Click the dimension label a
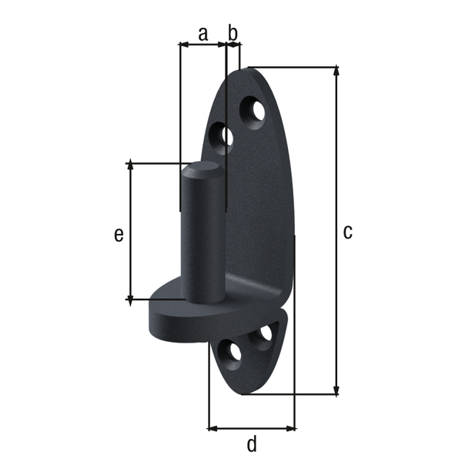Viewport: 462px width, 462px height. (203, 33)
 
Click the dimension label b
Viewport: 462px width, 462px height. (233, 33)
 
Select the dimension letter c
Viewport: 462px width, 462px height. (348, 231)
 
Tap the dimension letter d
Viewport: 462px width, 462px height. (252, 444)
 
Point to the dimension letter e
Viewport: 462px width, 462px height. (119, 235)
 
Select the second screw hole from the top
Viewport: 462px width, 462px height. (225, 137)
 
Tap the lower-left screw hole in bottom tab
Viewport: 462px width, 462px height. (229, 353)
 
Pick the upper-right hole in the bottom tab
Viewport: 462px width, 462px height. (264, 334)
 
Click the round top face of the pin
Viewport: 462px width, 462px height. (202, 170)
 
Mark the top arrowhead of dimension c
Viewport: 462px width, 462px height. (336, 71)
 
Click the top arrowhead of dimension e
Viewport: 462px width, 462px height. (130, 166)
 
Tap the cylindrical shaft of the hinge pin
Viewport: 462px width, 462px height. (202, 239)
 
